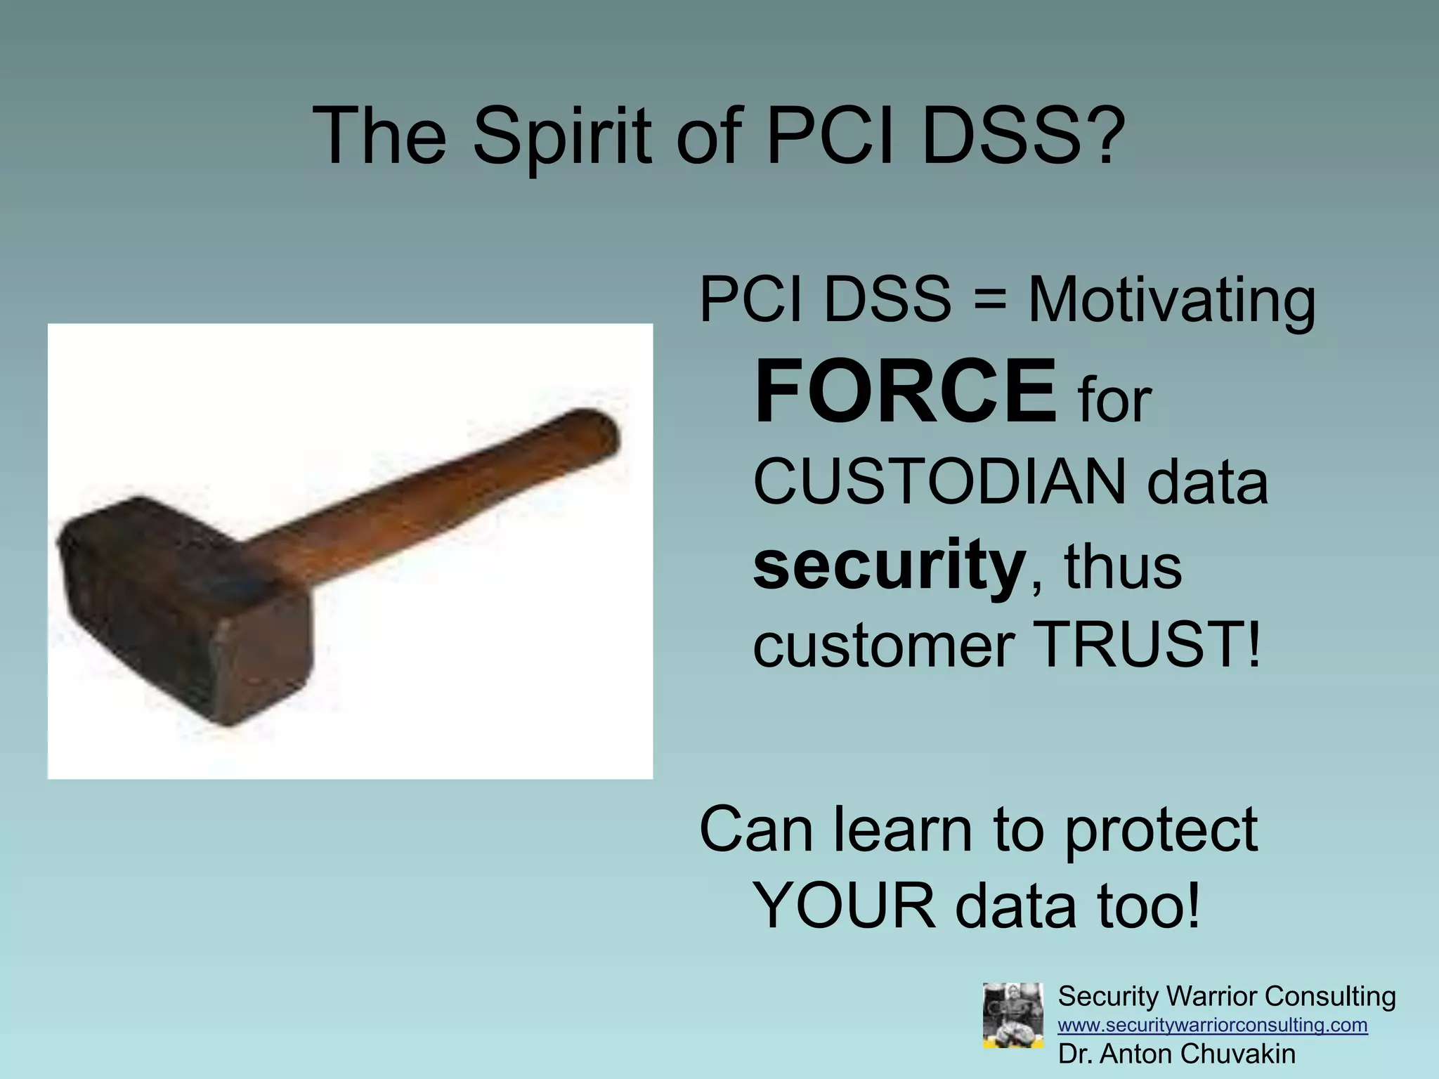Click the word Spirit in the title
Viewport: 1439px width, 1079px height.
(562, 137)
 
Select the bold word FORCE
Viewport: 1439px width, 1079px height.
(905, 391)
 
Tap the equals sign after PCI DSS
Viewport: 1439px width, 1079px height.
(990, 301)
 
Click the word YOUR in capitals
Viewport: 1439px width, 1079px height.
(843, 906)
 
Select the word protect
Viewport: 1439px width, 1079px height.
(1160, 830)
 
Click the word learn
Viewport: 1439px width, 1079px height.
(904, 830)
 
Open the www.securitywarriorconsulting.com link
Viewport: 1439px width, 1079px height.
(1212, 1025)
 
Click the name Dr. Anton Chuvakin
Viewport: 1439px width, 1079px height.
(1176, 1054)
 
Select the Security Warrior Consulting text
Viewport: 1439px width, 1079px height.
(1226, 996)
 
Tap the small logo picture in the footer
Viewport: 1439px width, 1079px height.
(1012, 1015)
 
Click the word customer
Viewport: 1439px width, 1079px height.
(883, 646)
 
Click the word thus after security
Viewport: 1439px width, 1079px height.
(1123, 568)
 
